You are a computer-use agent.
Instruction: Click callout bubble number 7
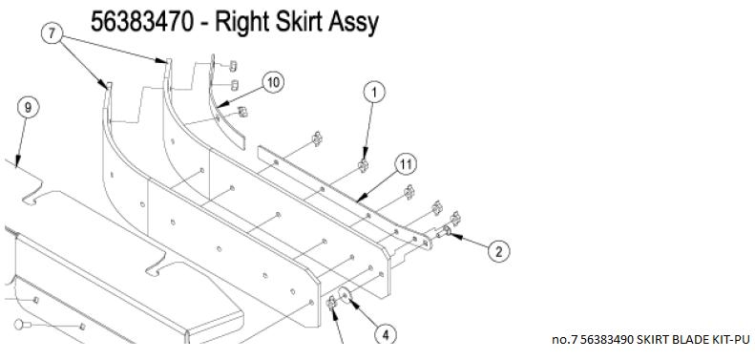(x=52, y=33)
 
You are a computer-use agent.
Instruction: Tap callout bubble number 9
(x=28, y=108)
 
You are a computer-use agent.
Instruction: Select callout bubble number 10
(x=273, y=82)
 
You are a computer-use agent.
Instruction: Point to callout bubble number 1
(x=374, y=92)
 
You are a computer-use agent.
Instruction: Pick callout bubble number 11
(x=406, y=165)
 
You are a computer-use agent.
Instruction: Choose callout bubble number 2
(x=499, y=251)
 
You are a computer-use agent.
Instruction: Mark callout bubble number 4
(x=386, y=334)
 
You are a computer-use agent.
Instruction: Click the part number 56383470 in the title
(x=142, y=22)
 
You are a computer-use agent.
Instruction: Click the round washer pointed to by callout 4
(x=345, y=294)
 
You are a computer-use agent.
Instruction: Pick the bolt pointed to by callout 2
(x=444, y=232)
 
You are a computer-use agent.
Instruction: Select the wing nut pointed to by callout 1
(x=363, y=166)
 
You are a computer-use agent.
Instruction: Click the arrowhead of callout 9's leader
(x=17, y=164)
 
